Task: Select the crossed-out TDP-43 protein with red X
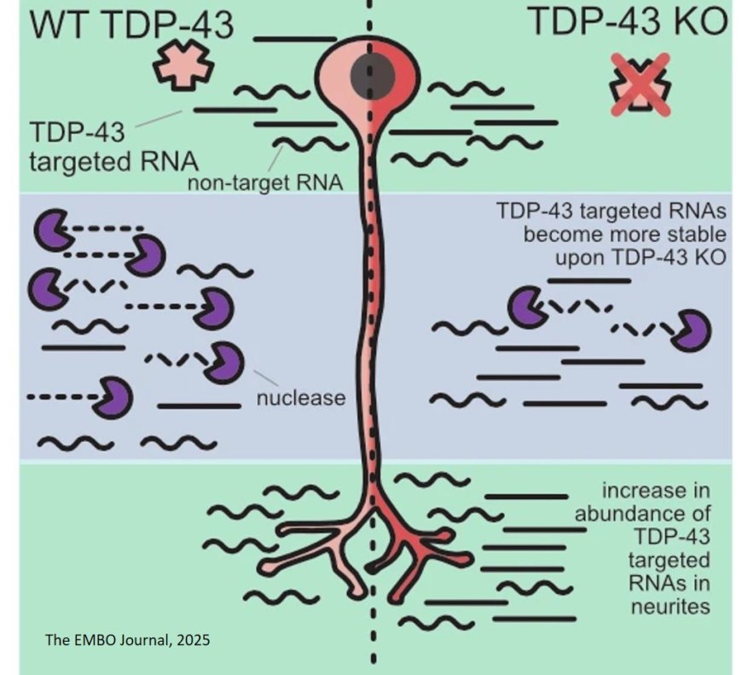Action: [x=641, y=83]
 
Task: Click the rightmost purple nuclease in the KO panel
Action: [x=690, y=331]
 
